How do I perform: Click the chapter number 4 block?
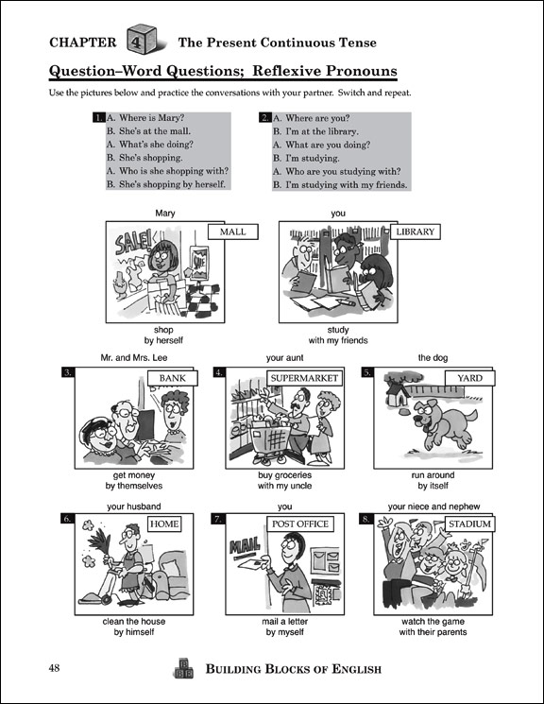point(142,40)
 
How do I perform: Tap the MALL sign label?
point(233,232)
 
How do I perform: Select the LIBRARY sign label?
point(416,232)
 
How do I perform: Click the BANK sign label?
point(172,378)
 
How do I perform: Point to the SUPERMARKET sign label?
point(304,378)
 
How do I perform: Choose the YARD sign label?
point(469,378)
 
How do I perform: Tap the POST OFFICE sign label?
point(300,524)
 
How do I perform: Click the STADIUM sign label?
point(469,524)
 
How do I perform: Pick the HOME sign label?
point(164,524)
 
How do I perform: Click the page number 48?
point(54,668)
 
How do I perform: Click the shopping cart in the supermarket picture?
point(272,441)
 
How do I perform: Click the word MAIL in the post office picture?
point(245,546)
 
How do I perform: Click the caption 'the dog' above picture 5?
point(433,358)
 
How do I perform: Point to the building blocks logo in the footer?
point(183,668)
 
